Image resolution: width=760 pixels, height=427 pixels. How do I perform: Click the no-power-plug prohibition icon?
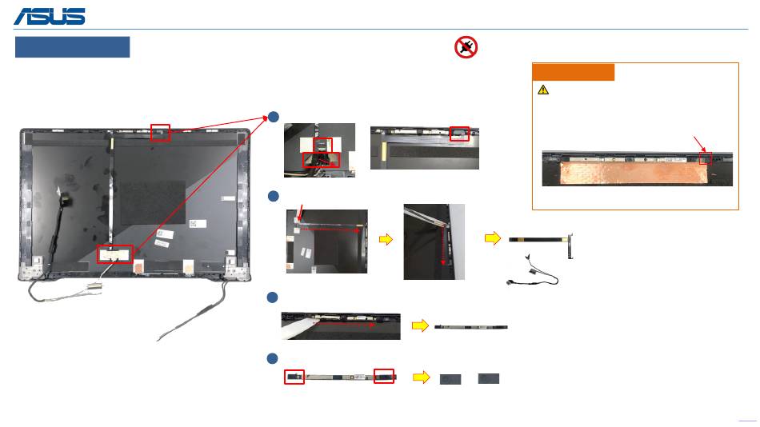466,47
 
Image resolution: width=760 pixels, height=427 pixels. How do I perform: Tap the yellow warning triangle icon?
543,90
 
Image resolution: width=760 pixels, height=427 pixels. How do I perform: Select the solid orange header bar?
574,72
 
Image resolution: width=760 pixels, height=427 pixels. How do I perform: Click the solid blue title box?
72,47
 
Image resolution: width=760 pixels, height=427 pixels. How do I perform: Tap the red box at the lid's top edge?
160,131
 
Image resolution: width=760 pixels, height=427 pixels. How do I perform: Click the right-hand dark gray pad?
488,377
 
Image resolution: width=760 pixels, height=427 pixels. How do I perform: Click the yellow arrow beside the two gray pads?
421,377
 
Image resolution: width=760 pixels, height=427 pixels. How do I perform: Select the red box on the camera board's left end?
294,377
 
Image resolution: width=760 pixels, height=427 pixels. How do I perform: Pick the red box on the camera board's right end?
384,376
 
